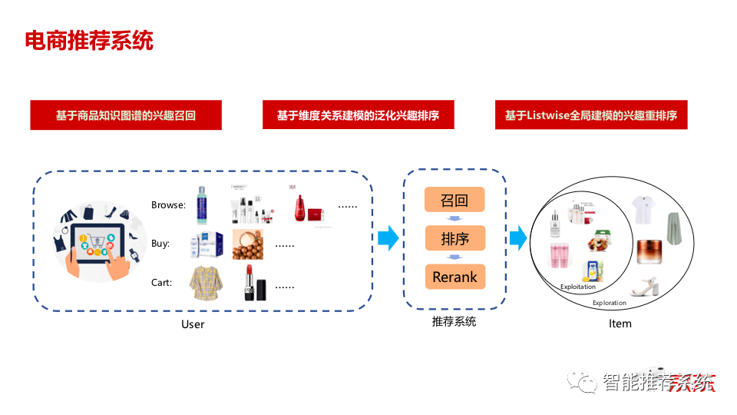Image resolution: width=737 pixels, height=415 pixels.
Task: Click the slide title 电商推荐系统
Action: (x=89, y=41)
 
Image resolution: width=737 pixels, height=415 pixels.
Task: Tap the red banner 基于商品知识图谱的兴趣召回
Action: (x=126, y=115)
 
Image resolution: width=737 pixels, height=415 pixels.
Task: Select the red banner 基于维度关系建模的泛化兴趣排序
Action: (x=359, y=115)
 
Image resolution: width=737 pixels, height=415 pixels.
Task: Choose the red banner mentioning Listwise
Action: (x=591, y=115)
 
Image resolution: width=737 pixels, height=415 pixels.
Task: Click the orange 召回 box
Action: (x=454, y=200)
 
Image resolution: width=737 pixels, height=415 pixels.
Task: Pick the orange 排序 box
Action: (x=455, y=238)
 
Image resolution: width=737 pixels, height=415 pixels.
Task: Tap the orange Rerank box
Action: (x=455, y=277)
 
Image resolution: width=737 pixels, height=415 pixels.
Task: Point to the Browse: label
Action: (x=168, y=205)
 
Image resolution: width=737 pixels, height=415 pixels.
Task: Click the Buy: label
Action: (x=160, y=244)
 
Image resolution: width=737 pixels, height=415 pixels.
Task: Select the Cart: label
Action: (x=162, y=282)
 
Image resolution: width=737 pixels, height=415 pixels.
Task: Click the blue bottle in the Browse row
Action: (x=202, y=205)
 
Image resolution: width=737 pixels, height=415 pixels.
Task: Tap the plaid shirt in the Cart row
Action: (x=206, y=282)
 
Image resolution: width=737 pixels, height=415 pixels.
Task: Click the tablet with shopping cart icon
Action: (x=97, y=244)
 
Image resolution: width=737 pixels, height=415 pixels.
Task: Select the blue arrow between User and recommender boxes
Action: (x=388, y=238)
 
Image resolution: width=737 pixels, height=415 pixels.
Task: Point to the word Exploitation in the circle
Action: (x=577, y=287)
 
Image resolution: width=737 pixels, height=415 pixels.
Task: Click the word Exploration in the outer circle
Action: (x=609, y=303)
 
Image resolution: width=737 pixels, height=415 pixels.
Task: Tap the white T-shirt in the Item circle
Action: (x=643, y=209)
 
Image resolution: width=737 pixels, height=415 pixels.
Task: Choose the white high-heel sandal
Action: (x=644, y=286)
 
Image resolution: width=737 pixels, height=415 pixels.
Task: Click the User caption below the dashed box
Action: (x=193, y=324)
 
